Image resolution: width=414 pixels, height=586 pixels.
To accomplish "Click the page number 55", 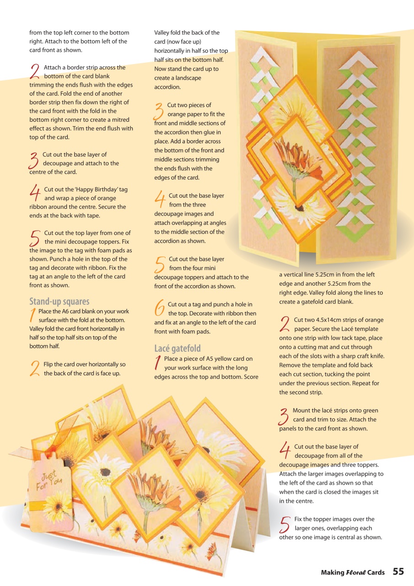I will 398,571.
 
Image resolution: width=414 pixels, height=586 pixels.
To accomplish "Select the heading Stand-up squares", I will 59,302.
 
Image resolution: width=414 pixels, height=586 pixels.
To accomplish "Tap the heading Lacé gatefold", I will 177,348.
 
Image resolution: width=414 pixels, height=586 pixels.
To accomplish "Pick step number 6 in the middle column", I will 160,308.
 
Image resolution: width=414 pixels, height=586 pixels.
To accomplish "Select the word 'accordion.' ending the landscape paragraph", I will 168,87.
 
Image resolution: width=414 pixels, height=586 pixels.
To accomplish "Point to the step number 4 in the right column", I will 285,450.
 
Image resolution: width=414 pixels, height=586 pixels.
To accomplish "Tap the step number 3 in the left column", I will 34,161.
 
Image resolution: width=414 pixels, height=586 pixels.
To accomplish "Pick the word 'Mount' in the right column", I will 301,411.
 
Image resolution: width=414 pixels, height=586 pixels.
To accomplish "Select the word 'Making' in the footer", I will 332,572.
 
